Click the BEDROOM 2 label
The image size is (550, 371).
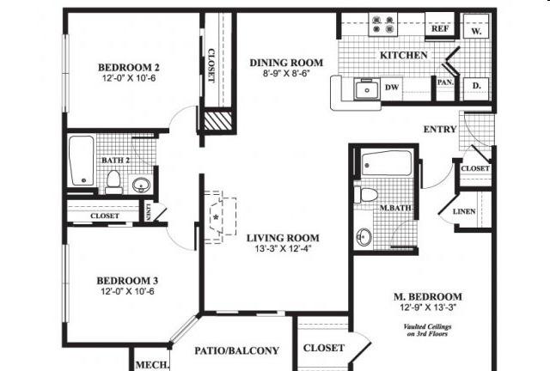[129, 68]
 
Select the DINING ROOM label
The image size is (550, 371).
[286, 63]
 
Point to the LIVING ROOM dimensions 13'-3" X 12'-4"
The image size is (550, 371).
[283, 250]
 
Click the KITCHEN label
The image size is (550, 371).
[404, 55]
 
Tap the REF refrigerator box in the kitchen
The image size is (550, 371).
[440, 28]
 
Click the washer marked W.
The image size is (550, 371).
[476, 29]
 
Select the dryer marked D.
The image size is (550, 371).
[476, 87]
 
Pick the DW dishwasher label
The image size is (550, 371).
[391, 87]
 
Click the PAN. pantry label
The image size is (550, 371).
[445, 83]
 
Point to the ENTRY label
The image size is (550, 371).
[440, 130]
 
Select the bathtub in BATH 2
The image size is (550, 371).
[82, 161]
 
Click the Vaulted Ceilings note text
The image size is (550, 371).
[431, 330]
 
